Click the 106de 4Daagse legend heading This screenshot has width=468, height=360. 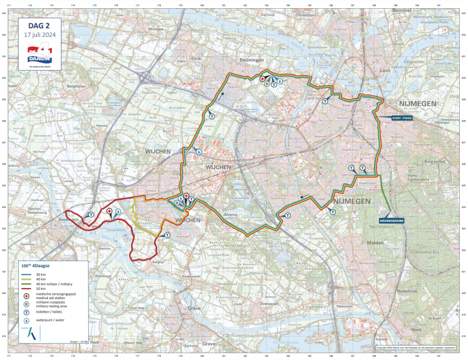pos(35,266)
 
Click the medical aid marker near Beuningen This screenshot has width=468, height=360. pos(263,78)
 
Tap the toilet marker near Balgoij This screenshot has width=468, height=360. pos(167,235)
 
